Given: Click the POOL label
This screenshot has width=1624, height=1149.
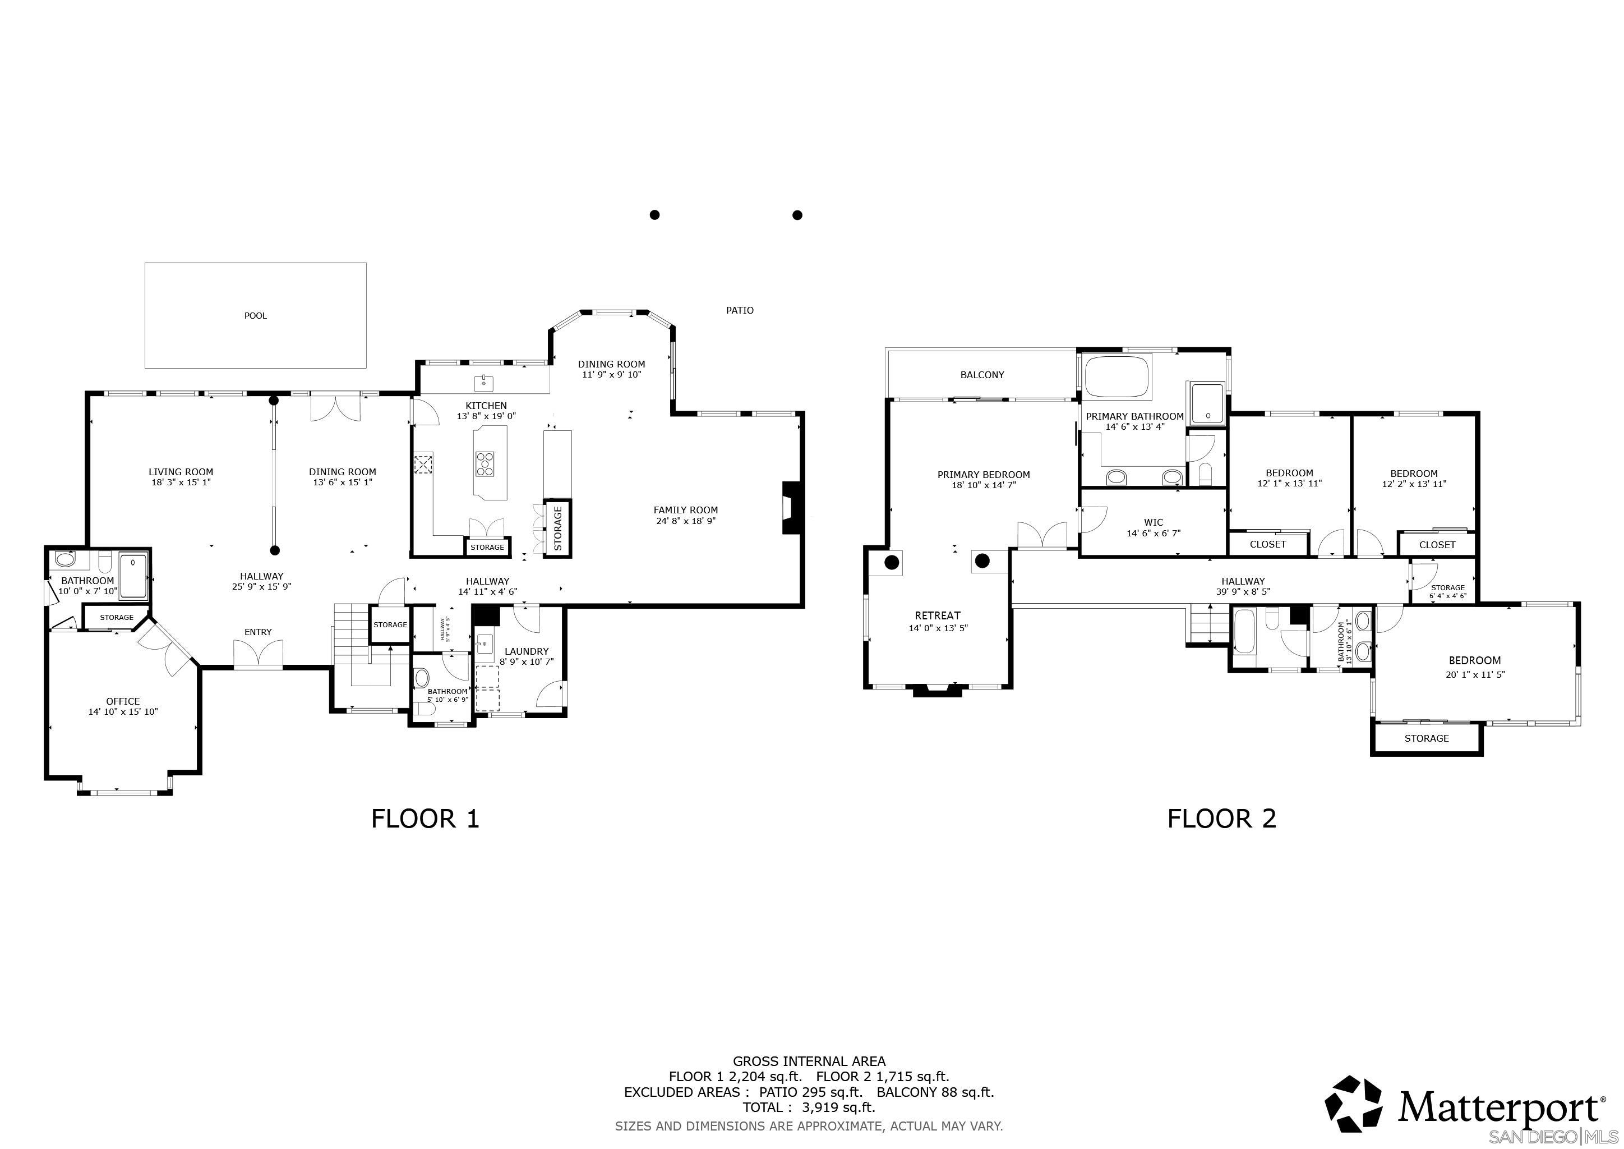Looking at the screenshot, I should click(x=255, y=315).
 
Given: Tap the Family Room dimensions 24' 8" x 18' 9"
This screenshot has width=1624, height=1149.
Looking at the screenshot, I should click(x=685, y=521).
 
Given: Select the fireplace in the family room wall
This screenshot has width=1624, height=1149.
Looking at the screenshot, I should click(x=790, y=508).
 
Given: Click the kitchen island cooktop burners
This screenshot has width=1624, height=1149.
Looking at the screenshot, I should click(x=485, y=465).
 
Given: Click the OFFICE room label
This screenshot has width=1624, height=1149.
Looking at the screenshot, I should click(x=123, y=701).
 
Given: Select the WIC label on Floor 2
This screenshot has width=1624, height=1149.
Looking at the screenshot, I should click(x=1153, y=523).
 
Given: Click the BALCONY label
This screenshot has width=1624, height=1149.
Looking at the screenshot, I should click(x=982, y=375).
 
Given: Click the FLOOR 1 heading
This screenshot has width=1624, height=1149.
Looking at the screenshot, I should click(x=425, y=819).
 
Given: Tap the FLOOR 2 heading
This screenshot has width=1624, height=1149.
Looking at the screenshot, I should click(x=1221, y=819).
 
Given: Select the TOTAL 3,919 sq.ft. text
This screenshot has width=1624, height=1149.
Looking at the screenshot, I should click(x=809, y=1108).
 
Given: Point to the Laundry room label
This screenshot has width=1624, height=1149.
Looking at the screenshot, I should click(x=526, y=651).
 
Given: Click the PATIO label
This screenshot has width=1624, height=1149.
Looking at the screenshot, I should click(x=740, y=310).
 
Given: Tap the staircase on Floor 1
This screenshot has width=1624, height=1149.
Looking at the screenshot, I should click(x=352, y=623).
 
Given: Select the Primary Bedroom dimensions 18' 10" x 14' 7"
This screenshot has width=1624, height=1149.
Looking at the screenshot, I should click(x=984, y=485).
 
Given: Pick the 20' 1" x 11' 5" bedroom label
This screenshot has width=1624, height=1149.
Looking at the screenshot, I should click(x=1475, y=675).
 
